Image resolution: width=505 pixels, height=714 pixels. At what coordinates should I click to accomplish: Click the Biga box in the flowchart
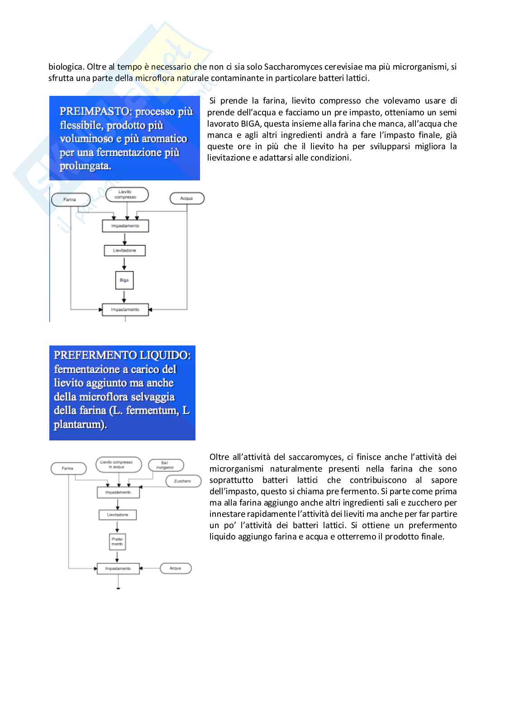pyautogui.click(x=124, y=280)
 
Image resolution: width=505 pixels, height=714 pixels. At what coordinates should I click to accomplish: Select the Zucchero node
pyautogui.click(x=182, y=481)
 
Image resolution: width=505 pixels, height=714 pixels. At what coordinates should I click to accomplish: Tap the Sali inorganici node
pyautogui.click(x=165, y=465)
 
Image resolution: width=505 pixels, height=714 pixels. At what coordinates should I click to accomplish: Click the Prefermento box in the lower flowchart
pyautogui.click(x=117, y=542)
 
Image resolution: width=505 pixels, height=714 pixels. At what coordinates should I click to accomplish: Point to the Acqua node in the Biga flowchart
pyautogui.click(x=186, y=199)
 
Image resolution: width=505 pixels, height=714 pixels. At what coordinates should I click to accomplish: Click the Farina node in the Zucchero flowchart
pyautogui.click(x=68, y=468)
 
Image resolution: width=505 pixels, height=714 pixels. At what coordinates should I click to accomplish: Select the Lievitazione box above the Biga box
pyautogui.click(x=124, y=251)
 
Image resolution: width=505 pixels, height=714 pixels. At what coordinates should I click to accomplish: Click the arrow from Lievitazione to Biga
pyautogui.click(x=124, y=264)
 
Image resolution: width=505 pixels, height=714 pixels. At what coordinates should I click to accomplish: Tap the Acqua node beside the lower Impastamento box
pyautogui.click(x=176, y=568)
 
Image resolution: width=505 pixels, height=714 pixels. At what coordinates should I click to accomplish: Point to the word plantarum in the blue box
pyautogui.click(x=79, y=425)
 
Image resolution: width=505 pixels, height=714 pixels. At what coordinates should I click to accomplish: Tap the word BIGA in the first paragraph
pyautogui.click(x=250, y=124)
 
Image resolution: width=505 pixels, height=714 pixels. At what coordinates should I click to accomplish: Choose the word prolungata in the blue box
pyautogui.click(x=85, y=166)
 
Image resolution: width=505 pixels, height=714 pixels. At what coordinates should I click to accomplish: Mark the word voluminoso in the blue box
pyautogui.click(x=86, y=139)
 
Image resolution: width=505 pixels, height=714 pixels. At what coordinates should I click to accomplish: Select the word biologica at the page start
pyautogui.click(x=66, y=67)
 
